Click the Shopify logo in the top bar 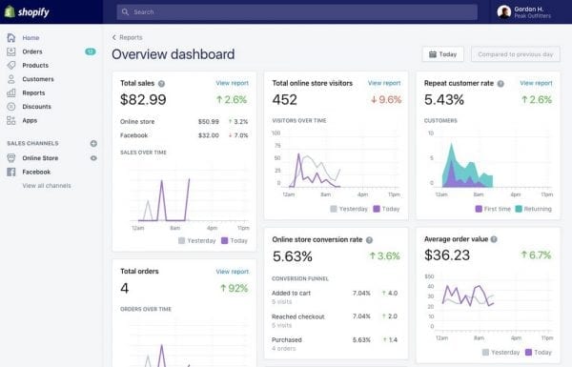29,12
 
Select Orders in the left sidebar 32,51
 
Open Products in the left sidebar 35,65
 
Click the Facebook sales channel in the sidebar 36,172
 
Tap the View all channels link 46,185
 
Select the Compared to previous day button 514,54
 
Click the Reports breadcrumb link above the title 130,37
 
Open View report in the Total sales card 232,83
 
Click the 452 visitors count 285,99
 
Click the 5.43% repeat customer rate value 445,99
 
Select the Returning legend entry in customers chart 535,208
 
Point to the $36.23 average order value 447,255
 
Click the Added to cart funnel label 291,293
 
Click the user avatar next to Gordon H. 503,12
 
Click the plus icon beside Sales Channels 93,143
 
